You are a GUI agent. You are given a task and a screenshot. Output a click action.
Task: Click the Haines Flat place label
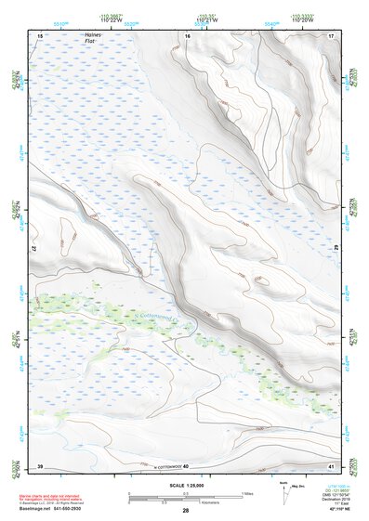coord(90,38)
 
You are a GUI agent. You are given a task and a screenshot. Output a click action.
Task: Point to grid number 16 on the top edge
coord(187,35)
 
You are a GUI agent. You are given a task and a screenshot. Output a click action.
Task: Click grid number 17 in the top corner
coord(331,35)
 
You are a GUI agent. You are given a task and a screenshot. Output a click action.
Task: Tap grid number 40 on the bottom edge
coord(186,466)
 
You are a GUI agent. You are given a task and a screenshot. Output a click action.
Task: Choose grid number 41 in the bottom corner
coord(331,465)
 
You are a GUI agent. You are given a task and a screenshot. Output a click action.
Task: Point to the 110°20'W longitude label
coord(302,21)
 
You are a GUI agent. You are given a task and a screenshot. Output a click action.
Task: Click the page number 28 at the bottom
coord(185,512)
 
